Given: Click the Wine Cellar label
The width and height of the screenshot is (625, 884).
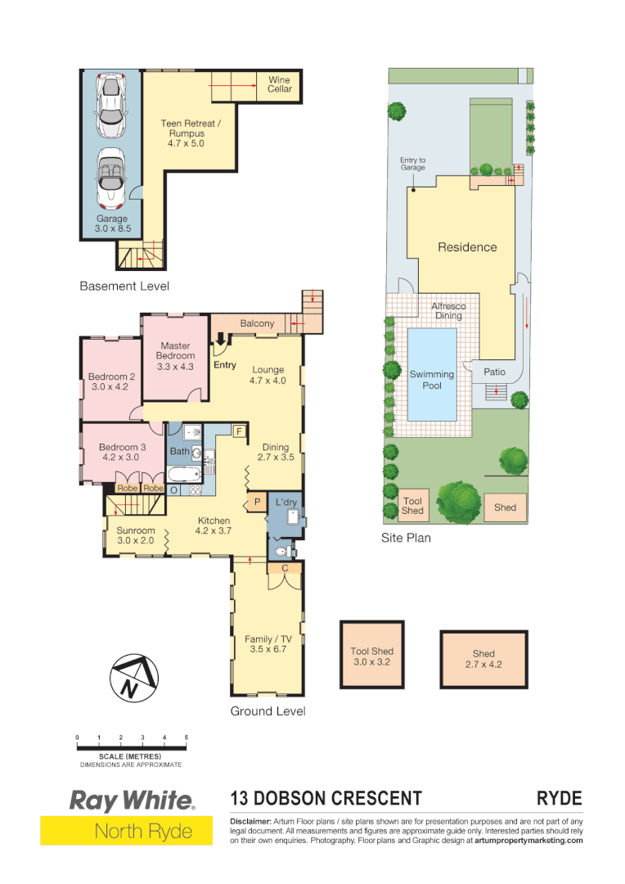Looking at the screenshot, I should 280,84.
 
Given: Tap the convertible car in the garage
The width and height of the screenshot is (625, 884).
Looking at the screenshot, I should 111,178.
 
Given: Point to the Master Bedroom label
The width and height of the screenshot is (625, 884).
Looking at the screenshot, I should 176,356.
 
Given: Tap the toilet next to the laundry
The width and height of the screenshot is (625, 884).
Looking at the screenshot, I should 281,552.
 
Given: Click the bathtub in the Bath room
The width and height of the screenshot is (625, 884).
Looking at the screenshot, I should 182,475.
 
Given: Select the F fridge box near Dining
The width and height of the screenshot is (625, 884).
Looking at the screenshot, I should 240,431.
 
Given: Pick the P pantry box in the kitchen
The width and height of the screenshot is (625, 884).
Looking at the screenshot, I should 256,501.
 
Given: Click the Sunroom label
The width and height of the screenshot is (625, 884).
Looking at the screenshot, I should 135,535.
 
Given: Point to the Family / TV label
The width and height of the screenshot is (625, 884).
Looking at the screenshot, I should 268,644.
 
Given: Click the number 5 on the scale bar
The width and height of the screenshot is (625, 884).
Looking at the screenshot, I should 187,737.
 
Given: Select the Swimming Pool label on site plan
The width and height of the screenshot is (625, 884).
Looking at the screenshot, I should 432,380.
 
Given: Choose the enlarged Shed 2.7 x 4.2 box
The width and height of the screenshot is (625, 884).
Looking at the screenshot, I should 483,659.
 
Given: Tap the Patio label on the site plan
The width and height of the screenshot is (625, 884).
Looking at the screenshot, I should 494,372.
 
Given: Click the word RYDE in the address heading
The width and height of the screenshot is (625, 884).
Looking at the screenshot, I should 559,798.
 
